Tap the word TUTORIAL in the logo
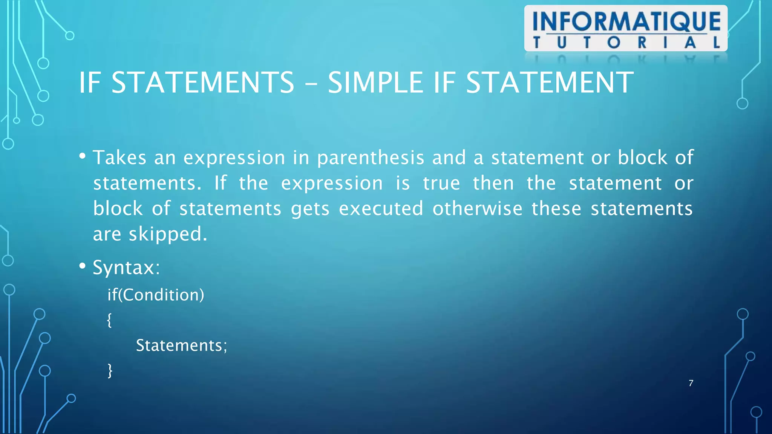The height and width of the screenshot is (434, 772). [626, 43]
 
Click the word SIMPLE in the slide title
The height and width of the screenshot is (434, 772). [375, 83]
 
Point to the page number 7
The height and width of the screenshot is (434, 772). [691, 383]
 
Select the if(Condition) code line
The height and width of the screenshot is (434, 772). [156, 295]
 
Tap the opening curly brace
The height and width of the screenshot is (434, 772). [109, 320]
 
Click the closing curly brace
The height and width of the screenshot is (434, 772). [110, 371]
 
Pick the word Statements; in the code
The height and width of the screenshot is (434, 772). [181, 345]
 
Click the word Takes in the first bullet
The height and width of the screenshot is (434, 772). [119, 157]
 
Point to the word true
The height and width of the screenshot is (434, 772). [441, 183]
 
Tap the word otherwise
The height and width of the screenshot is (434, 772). [477, 208]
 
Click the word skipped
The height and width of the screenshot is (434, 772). [168, 234]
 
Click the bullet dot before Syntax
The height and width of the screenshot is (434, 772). [83, 266]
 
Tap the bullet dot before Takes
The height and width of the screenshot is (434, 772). [83, 156]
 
